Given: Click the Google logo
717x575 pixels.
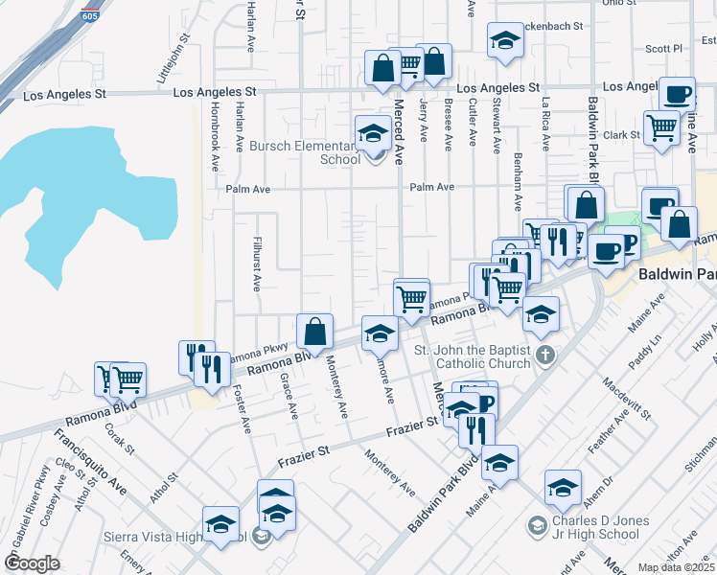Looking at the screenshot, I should [x=32, y=563].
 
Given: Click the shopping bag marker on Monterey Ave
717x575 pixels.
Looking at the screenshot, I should [x=314, y=333].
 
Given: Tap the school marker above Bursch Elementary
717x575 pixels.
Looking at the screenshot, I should [x=372, y=133].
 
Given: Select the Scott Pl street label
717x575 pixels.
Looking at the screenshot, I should [x=662, y=48].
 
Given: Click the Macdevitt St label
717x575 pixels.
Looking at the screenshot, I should [x=627, y=399].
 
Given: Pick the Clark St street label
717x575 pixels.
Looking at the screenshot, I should [x=621, y=135].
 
